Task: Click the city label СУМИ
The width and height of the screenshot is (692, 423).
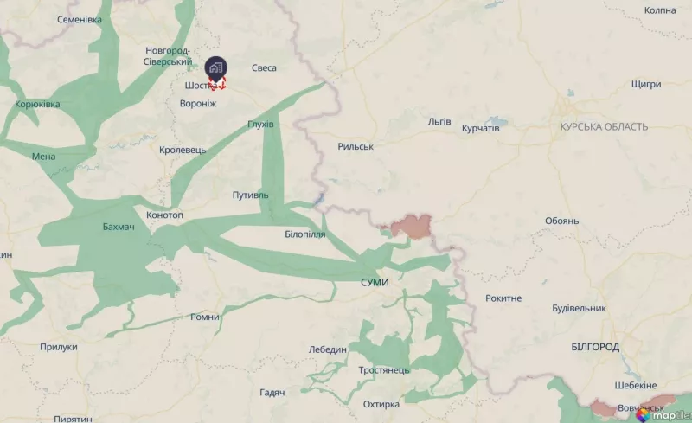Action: coord(375,283)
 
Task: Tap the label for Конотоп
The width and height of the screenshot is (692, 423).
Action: coord(165,215)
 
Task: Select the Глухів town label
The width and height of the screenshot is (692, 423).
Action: coord(260,125)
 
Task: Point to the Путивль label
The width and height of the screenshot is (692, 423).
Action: coord(251,195)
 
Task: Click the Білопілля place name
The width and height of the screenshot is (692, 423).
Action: coord(304,234)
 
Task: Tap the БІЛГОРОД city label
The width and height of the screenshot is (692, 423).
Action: coord(595,347)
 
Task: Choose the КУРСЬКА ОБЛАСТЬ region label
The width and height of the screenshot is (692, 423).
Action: coord(604,127)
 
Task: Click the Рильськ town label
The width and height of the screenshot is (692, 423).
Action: coord(356,147)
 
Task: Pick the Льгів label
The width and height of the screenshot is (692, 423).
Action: coord(439,121)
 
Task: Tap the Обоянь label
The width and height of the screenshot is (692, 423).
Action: coord(561,221)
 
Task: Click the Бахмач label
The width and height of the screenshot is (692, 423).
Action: coord(119,228)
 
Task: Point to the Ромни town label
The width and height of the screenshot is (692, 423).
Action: coord(205,317)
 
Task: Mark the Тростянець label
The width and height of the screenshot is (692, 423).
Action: coord(384,370)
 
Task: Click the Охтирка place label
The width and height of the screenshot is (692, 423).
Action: coord(381,404)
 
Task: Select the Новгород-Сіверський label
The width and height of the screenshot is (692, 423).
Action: coord(169,56)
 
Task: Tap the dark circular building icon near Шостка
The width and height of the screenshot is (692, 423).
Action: coord(215,67)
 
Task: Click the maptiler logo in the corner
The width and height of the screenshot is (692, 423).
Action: coord(663,414)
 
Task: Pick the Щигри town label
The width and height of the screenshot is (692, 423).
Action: coord(646,84)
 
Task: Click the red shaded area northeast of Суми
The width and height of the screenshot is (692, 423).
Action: coord(412,227)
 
